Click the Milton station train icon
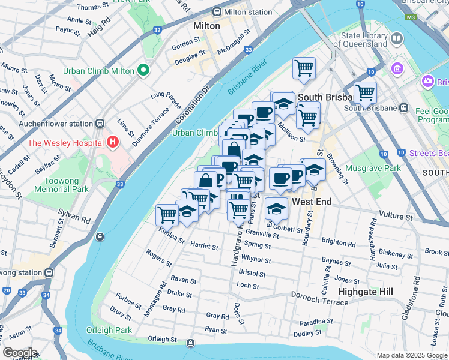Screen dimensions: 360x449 coord(216,12)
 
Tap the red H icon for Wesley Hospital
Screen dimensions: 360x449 coord(112,143)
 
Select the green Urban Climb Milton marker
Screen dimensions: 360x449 coord(143,71)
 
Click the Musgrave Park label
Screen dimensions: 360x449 coord(373,168)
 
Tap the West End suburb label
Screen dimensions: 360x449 coord(312,202)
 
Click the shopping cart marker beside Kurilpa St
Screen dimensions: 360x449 coord(167,214)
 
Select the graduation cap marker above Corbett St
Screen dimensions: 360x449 coord(276,208)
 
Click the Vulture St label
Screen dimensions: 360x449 coord(398,214)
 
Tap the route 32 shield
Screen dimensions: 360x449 coord(157,29)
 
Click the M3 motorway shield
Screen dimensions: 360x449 coord(411,17)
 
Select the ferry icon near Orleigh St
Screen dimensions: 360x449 coord(190,343)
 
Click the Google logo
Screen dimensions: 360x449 coord(19,353)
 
